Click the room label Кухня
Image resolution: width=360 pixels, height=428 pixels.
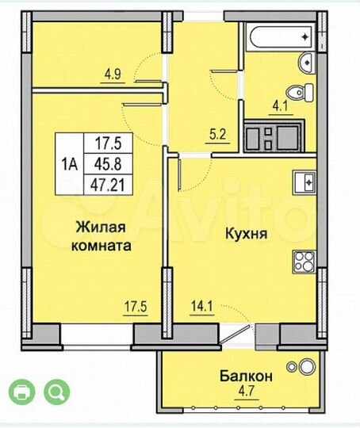click(x=244, y=235)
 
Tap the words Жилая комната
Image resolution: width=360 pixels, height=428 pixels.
click(x=103, y=237)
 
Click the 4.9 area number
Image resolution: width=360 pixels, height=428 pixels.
click(x=113, y=76)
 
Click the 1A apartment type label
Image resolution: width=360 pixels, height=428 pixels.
click(x=70, y=165)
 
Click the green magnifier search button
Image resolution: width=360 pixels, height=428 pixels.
click(x=57, y=392)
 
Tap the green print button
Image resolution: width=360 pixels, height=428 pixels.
click(x=23, y=392)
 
